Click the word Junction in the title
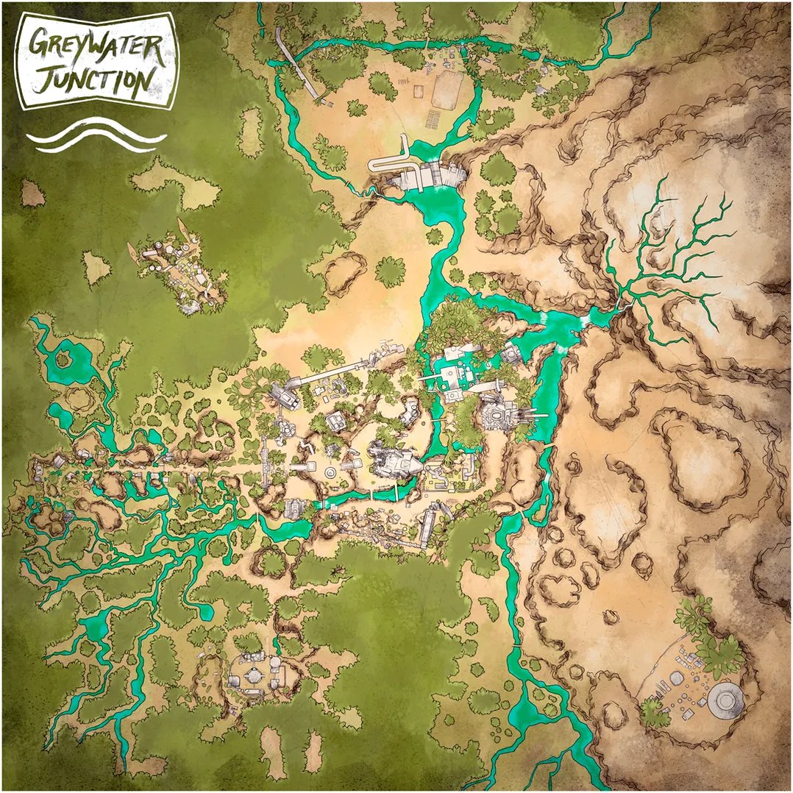[94, 79]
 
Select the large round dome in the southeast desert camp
[725, 696]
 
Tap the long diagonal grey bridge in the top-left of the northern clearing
[298, 63]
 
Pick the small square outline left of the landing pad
[419, 92]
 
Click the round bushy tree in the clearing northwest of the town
[390, 271]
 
